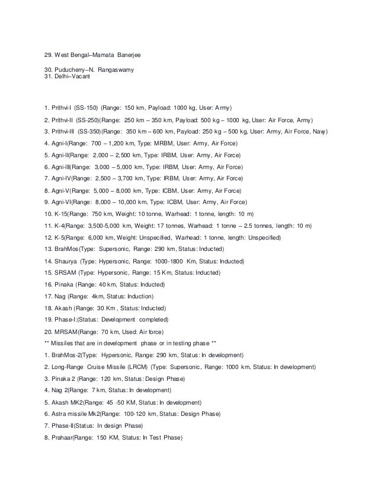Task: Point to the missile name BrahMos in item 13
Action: (66, 250)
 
